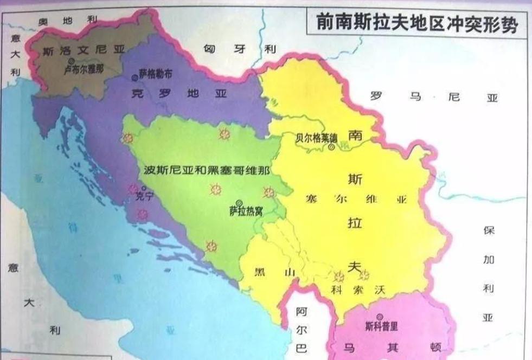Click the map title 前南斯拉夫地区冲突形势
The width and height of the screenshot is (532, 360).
[416, 24]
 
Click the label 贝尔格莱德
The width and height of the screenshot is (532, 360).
[316, 137]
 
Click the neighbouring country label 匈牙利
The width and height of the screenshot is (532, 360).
[239, 49]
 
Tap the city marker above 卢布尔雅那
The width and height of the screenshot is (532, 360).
[71, 61]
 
